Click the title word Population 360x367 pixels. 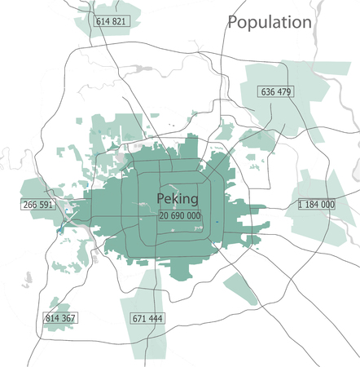(x=270, y=22)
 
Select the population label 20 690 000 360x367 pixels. (x=180, y=215)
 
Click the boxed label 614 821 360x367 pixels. (x=111, y=21)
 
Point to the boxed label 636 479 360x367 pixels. (x=276, y=91)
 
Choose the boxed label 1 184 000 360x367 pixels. (x=317, y=204)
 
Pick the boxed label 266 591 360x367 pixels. (x=39, y=205)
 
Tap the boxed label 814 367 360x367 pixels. (x=60, y=318)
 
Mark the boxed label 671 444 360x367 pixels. (x=147, y=318)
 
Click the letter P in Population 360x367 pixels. (x=234, y=22)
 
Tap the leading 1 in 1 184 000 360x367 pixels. (x=301, y=204)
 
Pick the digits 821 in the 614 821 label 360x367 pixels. (x=119, y=21)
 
